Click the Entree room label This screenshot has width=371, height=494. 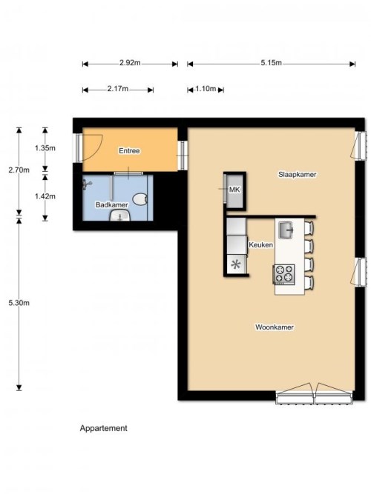(129, 151)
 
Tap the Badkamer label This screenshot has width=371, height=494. (112, 204)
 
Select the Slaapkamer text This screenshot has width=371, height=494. (297, 174)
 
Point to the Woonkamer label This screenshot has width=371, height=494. (275, 327)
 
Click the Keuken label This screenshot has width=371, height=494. (260, 244)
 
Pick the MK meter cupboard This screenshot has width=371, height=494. (234, 190)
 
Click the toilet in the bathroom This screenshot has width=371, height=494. (140, 199)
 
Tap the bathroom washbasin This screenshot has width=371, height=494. (119, 216)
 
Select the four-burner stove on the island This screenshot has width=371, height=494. (284, 275)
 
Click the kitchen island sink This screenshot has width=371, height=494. (286, 230)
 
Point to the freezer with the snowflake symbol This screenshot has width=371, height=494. (235, 264)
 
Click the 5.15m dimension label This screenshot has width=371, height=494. (272, 63)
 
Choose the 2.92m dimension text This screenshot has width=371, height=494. (130, 63)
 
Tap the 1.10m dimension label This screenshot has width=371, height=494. (206, 89)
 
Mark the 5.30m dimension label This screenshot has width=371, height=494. (19, 303)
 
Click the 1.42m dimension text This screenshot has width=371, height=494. (45, 196)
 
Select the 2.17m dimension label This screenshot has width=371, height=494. (118, 89)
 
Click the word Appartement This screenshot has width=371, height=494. (104, 428)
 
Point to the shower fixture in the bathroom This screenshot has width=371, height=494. (87, 184)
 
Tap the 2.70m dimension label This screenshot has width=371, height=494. (19, 170)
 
